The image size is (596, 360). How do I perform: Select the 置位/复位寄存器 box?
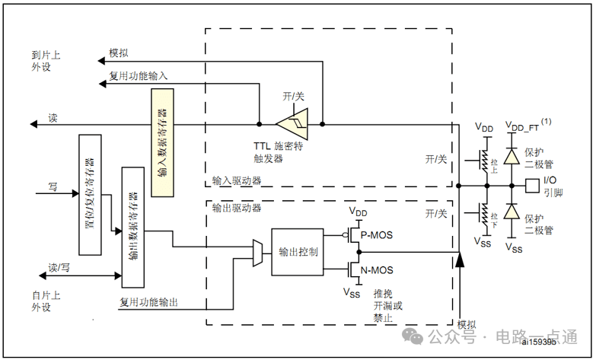click(x=90, y=195)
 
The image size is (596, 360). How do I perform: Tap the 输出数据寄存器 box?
click(x=132, y=227)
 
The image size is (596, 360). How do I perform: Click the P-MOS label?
click(x=376, y=235)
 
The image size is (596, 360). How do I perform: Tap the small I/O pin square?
click(x=532, y=185)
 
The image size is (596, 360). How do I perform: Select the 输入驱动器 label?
click(x=237, y=183)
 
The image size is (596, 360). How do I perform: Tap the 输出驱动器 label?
click(x=237, y=207)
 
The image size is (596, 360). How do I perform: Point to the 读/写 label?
click(x=59, y=268)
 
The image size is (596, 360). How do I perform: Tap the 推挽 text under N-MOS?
click(x=383, y=295)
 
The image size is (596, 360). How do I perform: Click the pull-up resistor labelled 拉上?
click(x=483, y=158)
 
